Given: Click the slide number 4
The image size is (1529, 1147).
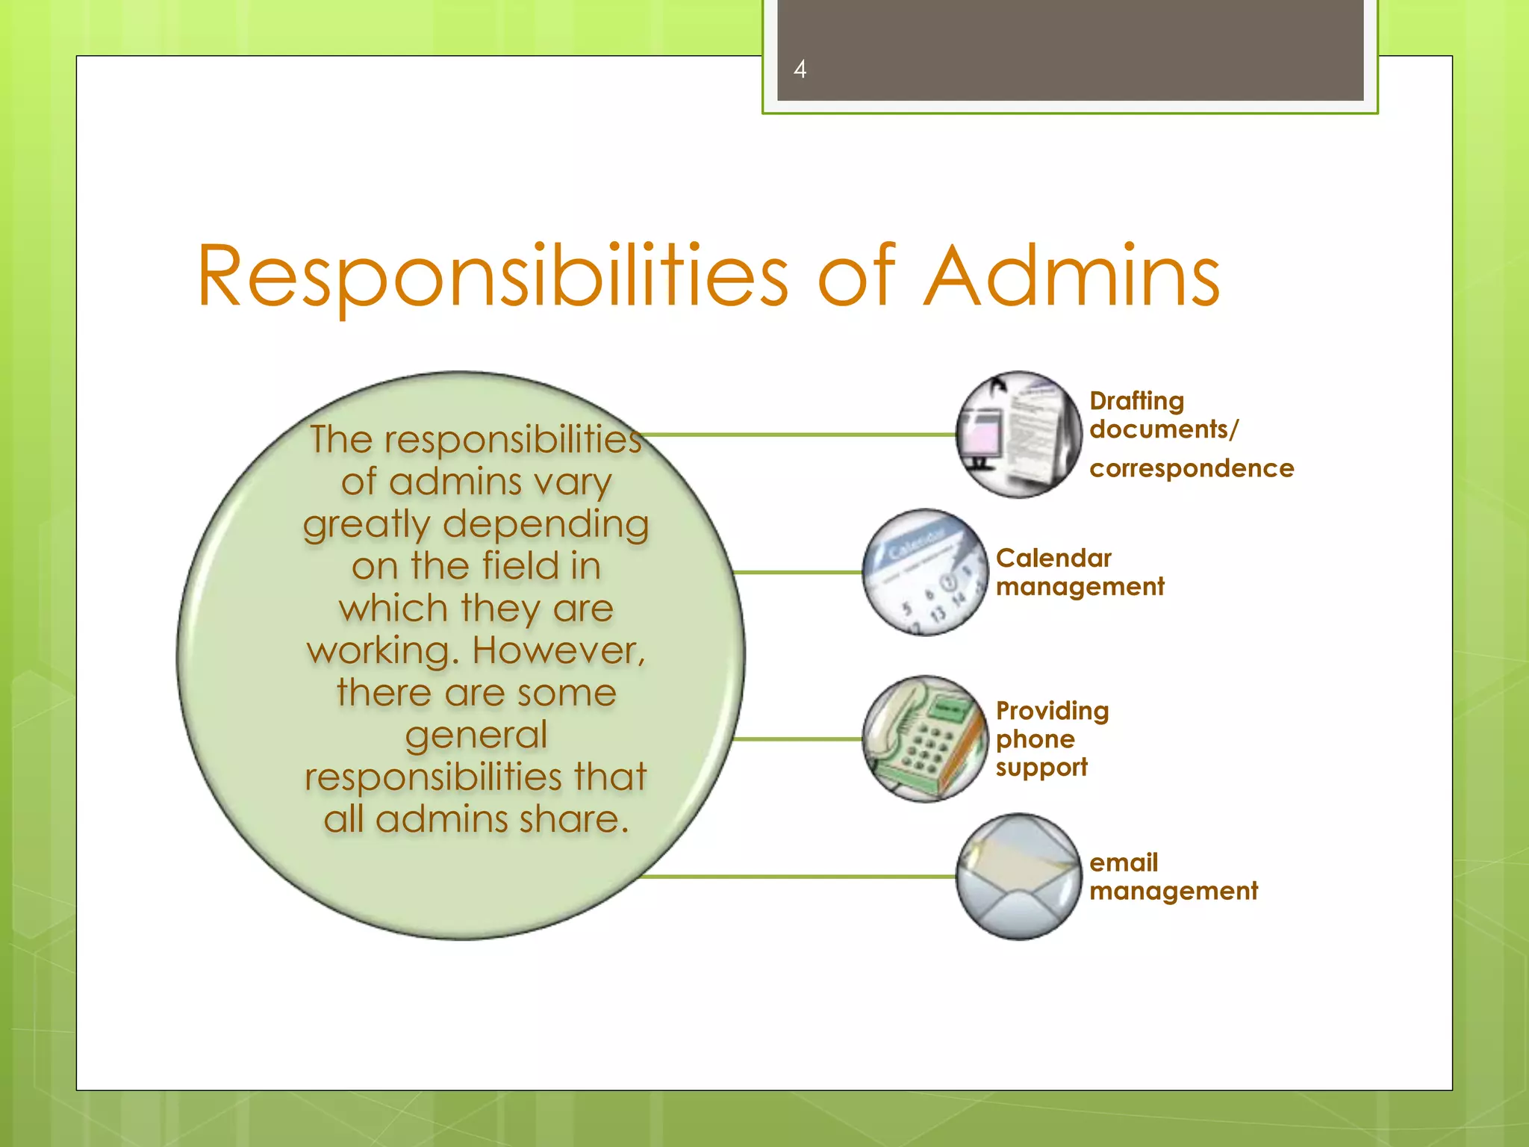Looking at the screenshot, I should tap(800, 69).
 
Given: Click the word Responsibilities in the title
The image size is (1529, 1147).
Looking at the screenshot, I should tap(492, 276).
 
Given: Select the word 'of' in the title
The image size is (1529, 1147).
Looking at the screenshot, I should tap(856, 276).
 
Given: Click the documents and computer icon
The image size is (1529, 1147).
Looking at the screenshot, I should tap(1018, 435).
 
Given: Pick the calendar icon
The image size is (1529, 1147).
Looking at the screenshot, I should tap(925, 572).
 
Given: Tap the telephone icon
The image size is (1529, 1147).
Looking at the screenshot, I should tap(925, 739).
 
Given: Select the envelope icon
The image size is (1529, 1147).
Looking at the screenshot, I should tap(1018, 876).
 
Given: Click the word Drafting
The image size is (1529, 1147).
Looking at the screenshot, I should tap(1136, 401).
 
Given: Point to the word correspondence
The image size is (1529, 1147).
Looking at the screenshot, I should tap(1192, 468).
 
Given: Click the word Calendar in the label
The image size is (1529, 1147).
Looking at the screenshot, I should tap(1053, 558).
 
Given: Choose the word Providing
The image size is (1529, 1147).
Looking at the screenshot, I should tap(1052, 710).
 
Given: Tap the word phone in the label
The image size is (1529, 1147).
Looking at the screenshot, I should tap(1035, 739).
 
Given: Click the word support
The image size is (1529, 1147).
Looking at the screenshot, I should tap(1041, 768).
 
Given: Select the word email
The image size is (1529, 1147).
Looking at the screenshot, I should tap(1124, 862).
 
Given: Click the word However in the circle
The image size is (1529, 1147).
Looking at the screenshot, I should tap(558, 650).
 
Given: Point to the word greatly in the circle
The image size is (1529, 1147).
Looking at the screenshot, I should tap(367, 524).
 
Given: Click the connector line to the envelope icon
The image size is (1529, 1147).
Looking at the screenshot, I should tap(799, 876).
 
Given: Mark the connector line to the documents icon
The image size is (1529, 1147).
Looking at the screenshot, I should tap(799, 434).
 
